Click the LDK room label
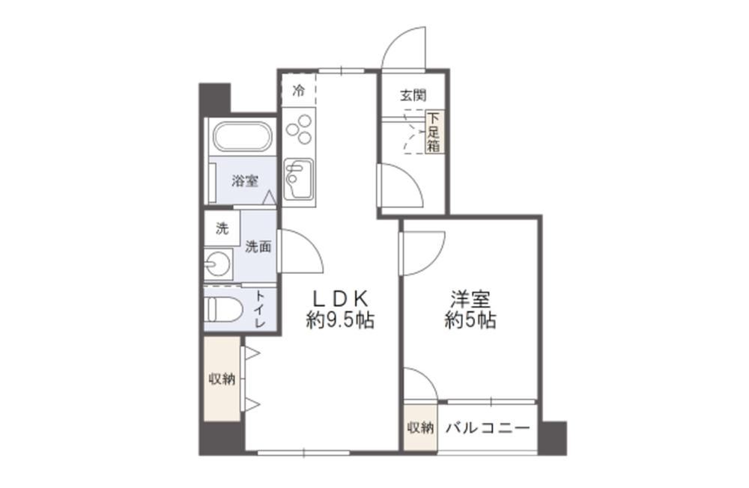click(340, 299)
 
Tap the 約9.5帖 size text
click(340, 320)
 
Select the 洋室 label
click(470, 299)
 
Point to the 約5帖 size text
click(470, 320)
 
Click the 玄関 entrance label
click(413, 96)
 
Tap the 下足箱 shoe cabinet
click(433, 132)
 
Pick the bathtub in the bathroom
click(242, 138)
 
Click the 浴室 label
click(245, 181)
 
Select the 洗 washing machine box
click(222, 228)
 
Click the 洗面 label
click(258, 246)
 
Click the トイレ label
click(260, 309)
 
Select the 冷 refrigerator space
click(299, 91)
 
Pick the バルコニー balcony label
click(488, 427)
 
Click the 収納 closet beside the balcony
click(420, 427)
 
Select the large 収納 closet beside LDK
click(222, 379)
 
